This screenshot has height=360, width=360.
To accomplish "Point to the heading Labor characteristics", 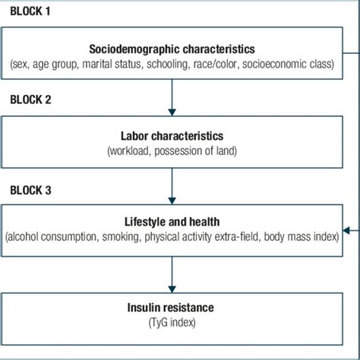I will tap(173, 136).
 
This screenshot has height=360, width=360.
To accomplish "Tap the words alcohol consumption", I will tap(49, 236).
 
